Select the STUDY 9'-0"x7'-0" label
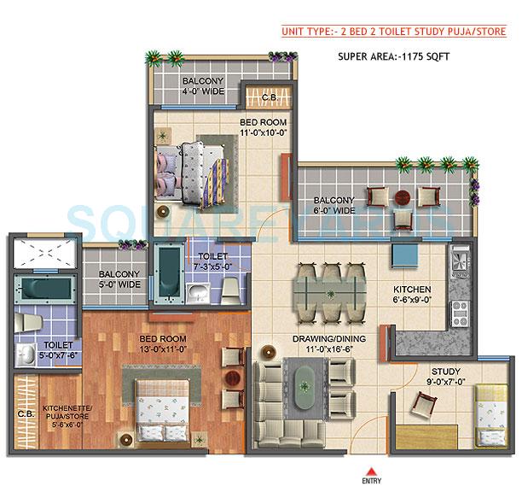tap(445, 377)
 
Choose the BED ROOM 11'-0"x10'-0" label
tap(266, 127)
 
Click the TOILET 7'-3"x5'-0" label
tap(212, 261)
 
